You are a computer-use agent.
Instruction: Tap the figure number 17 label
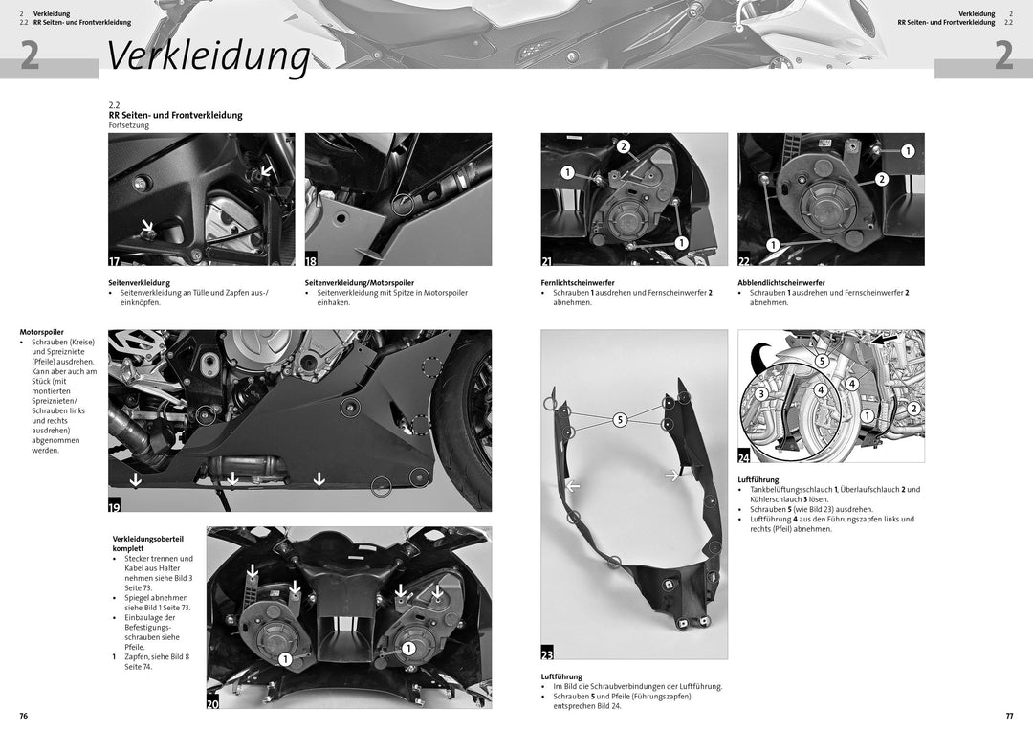[115, 260]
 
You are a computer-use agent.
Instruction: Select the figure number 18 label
[312, 260]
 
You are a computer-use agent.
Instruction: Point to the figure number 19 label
[115, 508]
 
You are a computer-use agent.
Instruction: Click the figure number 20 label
[213, 703]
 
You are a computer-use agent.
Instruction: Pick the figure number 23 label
[548, 653]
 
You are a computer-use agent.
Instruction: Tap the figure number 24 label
[745, 457]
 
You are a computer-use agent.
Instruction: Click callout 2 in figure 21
[624, 146]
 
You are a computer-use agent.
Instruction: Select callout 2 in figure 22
[882, 179]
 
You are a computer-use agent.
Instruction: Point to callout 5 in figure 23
[619, 419]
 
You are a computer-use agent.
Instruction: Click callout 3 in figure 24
[761, 393]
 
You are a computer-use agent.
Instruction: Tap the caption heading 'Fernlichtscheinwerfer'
[579, 283]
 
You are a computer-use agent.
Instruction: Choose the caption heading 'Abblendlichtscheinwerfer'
[781, 283]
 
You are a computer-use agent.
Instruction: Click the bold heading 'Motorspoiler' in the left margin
[42, 332]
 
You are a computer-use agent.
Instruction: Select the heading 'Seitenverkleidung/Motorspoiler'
[360, 283]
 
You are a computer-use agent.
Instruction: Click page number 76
[24, 716]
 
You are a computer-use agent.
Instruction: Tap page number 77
[1009, 716]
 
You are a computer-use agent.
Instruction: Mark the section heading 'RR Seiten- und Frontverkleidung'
[176, 115]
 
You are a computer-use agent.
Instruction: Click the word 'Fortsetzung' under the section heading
[129, 125]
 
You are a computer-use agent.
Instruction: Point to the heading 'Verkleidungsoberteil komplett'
[148, 543]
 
